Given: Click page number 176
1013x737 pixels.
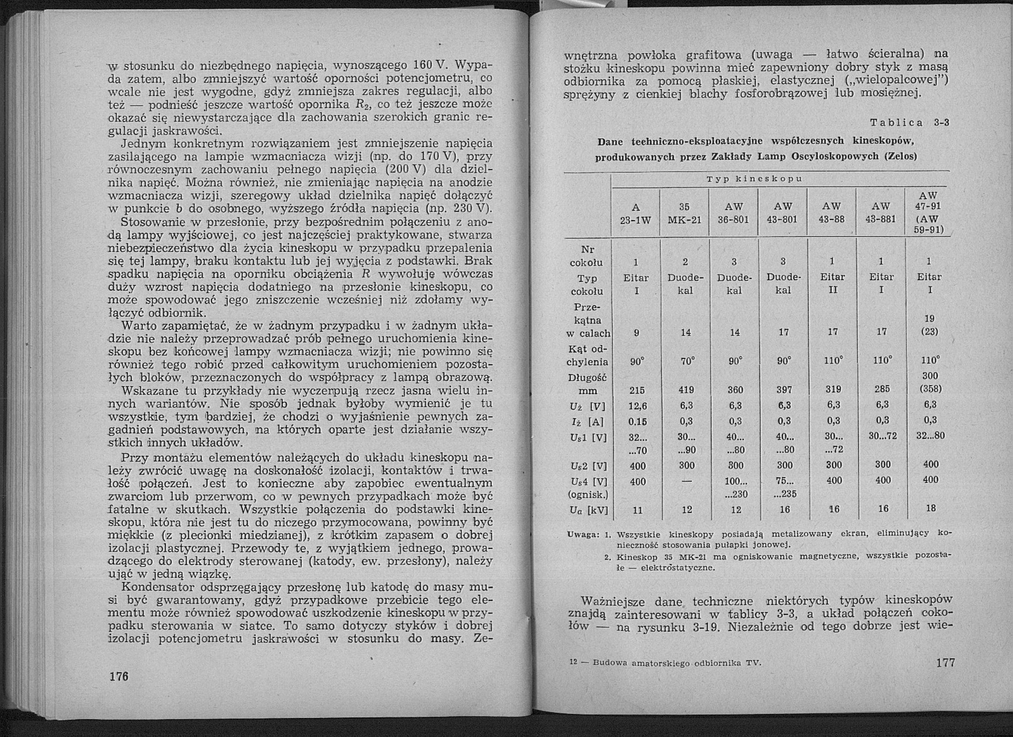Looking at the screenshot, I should pyautogui.click(x=119, y=676).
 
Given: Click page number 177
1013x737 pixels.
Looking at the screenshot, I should pyautogui.click(x=945, y=662).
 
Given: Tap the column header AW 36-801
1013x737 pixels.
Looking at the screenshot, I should pyautogui.click(x=734, y=214).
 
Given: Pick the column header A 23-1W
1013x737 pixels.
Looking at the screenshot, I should pyautogui.click(x=636, y=214).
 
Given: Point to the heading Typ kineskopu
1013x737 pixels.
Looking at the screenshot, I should pyautogui.click(x=755, y=179).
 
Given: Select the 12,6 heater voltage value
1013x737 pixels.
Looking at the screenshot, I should pyautogui.click(x=637, y=405).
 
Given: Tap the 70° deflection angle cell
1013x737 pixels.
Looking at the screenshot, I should pyautogui.click(x=687, y=361).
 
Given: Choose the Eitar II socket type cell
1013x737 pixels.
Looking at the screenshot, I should pyautogui.click(x=833, y=284).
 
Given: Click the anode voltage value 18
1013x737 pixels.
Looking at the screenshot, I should pyautogui.click(x=931, y=508).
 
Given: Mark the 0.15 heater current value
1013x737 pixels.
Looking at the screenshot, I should pyautogui.click(x=637, y=421).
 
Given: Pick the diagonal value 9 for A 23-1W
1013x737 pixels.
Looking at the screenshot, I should pyautogui.click(x=637, y=333).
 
